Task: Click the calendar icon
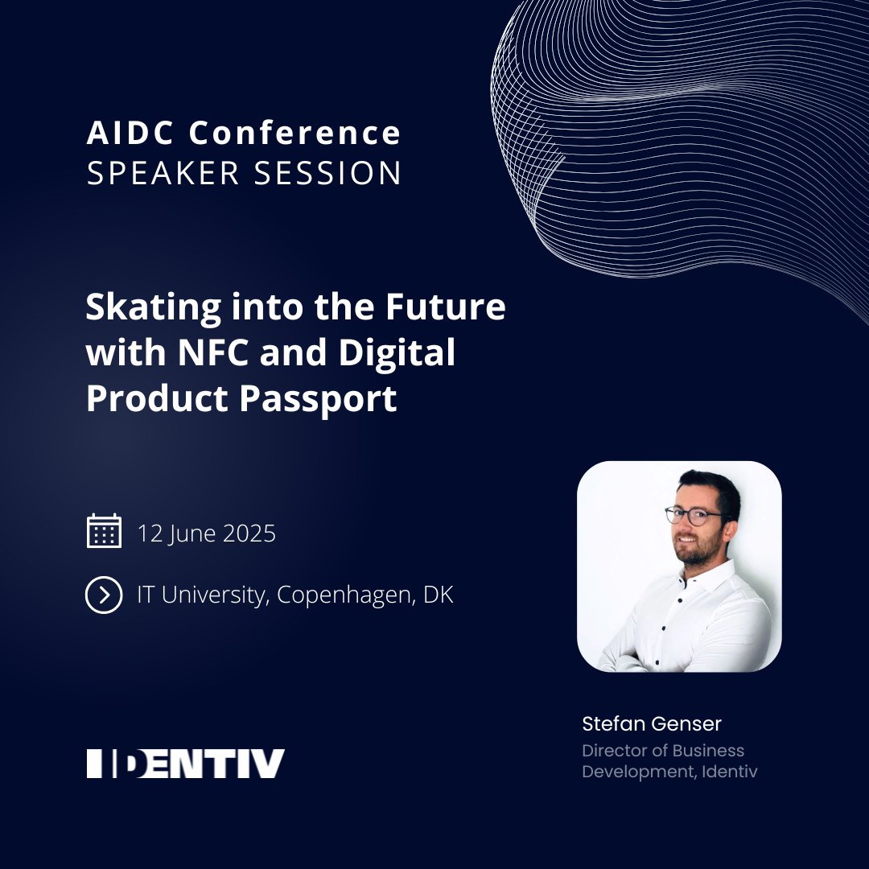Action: [x=104, y=532]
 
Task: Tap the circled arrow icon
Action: [x=104, y=595]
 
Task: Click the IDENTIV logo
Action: [x=186, y=763]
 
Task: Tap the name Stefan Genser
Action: [x=652, y=723]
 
